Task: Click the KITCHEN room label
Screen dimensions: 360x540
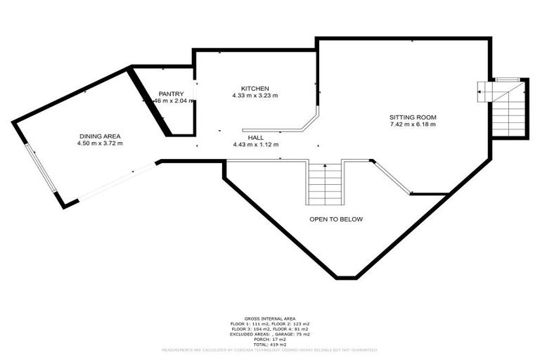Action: pyautogui.click(x=255, y=88)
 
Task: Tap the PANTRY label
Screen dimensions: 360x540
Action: pyautogui.click(x=171, y=94)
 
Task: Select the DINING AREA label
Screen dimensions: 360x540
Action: pyautogui.click(x=100, y=136)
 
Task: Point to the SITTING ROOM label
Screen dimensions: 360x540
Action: pyautogui.click(x=413, y=117)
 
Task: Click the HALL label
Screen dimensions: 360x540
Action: pyautogui.click(x=255, y=138)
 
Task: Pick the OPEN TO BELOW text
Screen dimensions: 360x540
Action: pyautogui.click(x=336, y=219)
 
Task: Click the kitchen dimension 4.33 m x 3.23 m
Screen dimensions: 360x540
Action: pyautogui.click(x=255, y=96)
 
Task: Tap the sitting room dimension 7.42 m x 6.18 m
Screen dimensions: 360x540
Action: pyautogui.click(x=413, y=124)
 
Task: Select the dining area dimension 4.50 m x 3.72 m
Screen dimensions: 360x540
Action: pyautogui.click(x=100, y=143)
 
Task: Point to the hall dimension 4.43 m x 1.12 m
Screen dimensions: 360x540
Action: pyautogui.click(x=256, y=145)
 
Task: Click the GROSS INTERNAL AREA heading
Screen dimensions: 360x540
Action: pyautogui.click(x=269, y=319)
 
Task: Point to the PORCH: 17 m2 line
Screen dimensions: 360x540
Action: pyautogui.click(x=269, y=338)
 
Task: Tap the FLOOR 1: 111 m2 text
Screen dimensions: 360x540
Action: pyautogui.click(x=246, y=323)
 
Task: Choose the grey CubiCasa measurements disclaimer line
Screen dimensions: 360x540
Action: pyautogui.click(x=269, y=349)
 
